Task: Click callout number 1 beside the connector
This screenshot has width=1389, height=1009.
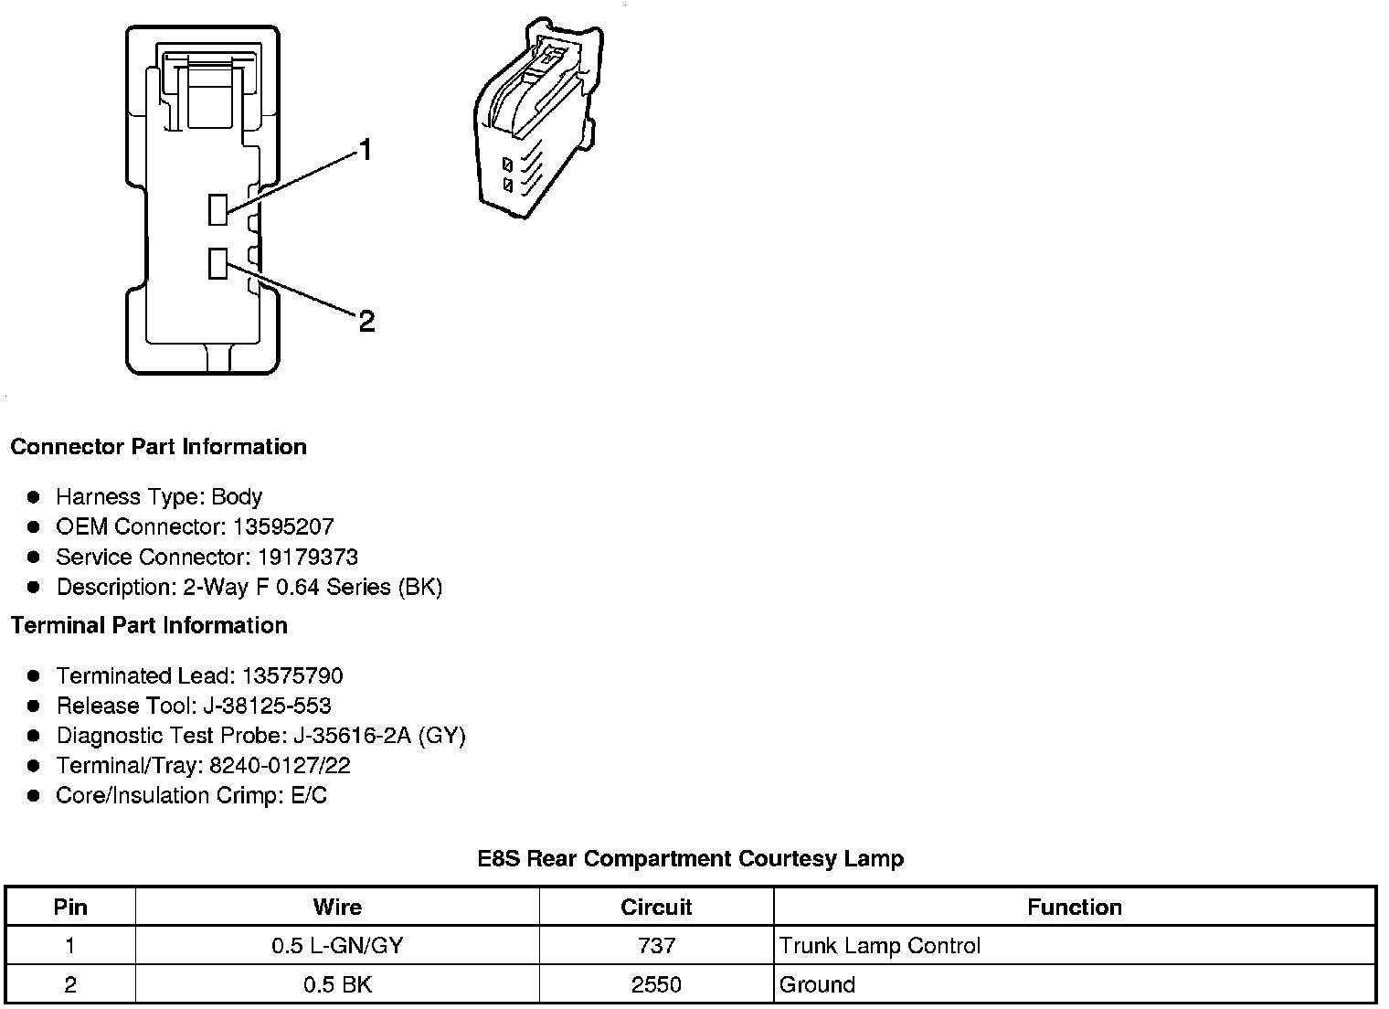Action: [x=366, y=150]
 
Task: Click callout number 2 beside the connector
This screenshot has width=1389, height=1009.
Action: [x=366, y=321]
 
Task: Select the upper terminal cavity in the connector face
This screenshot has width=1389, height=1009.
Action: [x=217, y=209]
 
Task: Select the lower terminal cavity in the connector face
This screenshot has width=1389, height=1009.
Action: [x=217, y=263]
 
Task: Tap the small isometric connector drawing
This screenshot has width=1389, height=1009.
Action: [x=536, y=118]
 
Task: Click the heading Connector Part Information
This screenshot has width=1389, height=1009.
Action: [x=158, y=447]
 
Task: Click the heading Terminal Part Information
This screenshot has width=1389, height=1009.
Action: [x=149, y=625]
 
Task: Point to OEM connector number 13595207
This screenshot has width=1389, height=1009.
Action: [x=283, y=526]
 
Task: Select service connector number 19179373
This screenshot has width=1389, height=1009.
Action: [x=307, y=557]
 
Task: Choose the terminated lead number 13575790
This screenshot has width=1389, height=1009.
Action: [x=292, y=675]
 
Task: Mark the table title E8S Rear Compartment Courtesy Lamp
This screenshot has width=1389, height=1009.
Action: [x=690, y=859]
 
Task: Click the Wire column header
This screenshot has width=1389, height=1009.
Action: [x=337, y=907]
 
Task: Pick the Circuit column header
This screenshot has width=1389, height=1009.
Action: [x=656, y=907]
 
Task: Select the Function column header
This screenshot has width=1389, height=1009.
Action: [x=1075, y=907]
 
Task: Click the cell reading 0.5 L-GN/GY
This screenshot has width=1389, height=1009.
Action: [x=337, y=945]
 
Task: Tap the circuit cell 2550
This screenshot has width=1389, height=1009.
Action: [x=656, y=984]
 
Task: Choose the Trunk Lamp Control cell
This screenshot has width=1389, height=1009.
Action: [x=880, y=945]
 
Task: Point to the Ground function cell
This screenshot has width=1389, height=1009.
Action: [x=817, y=984]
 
